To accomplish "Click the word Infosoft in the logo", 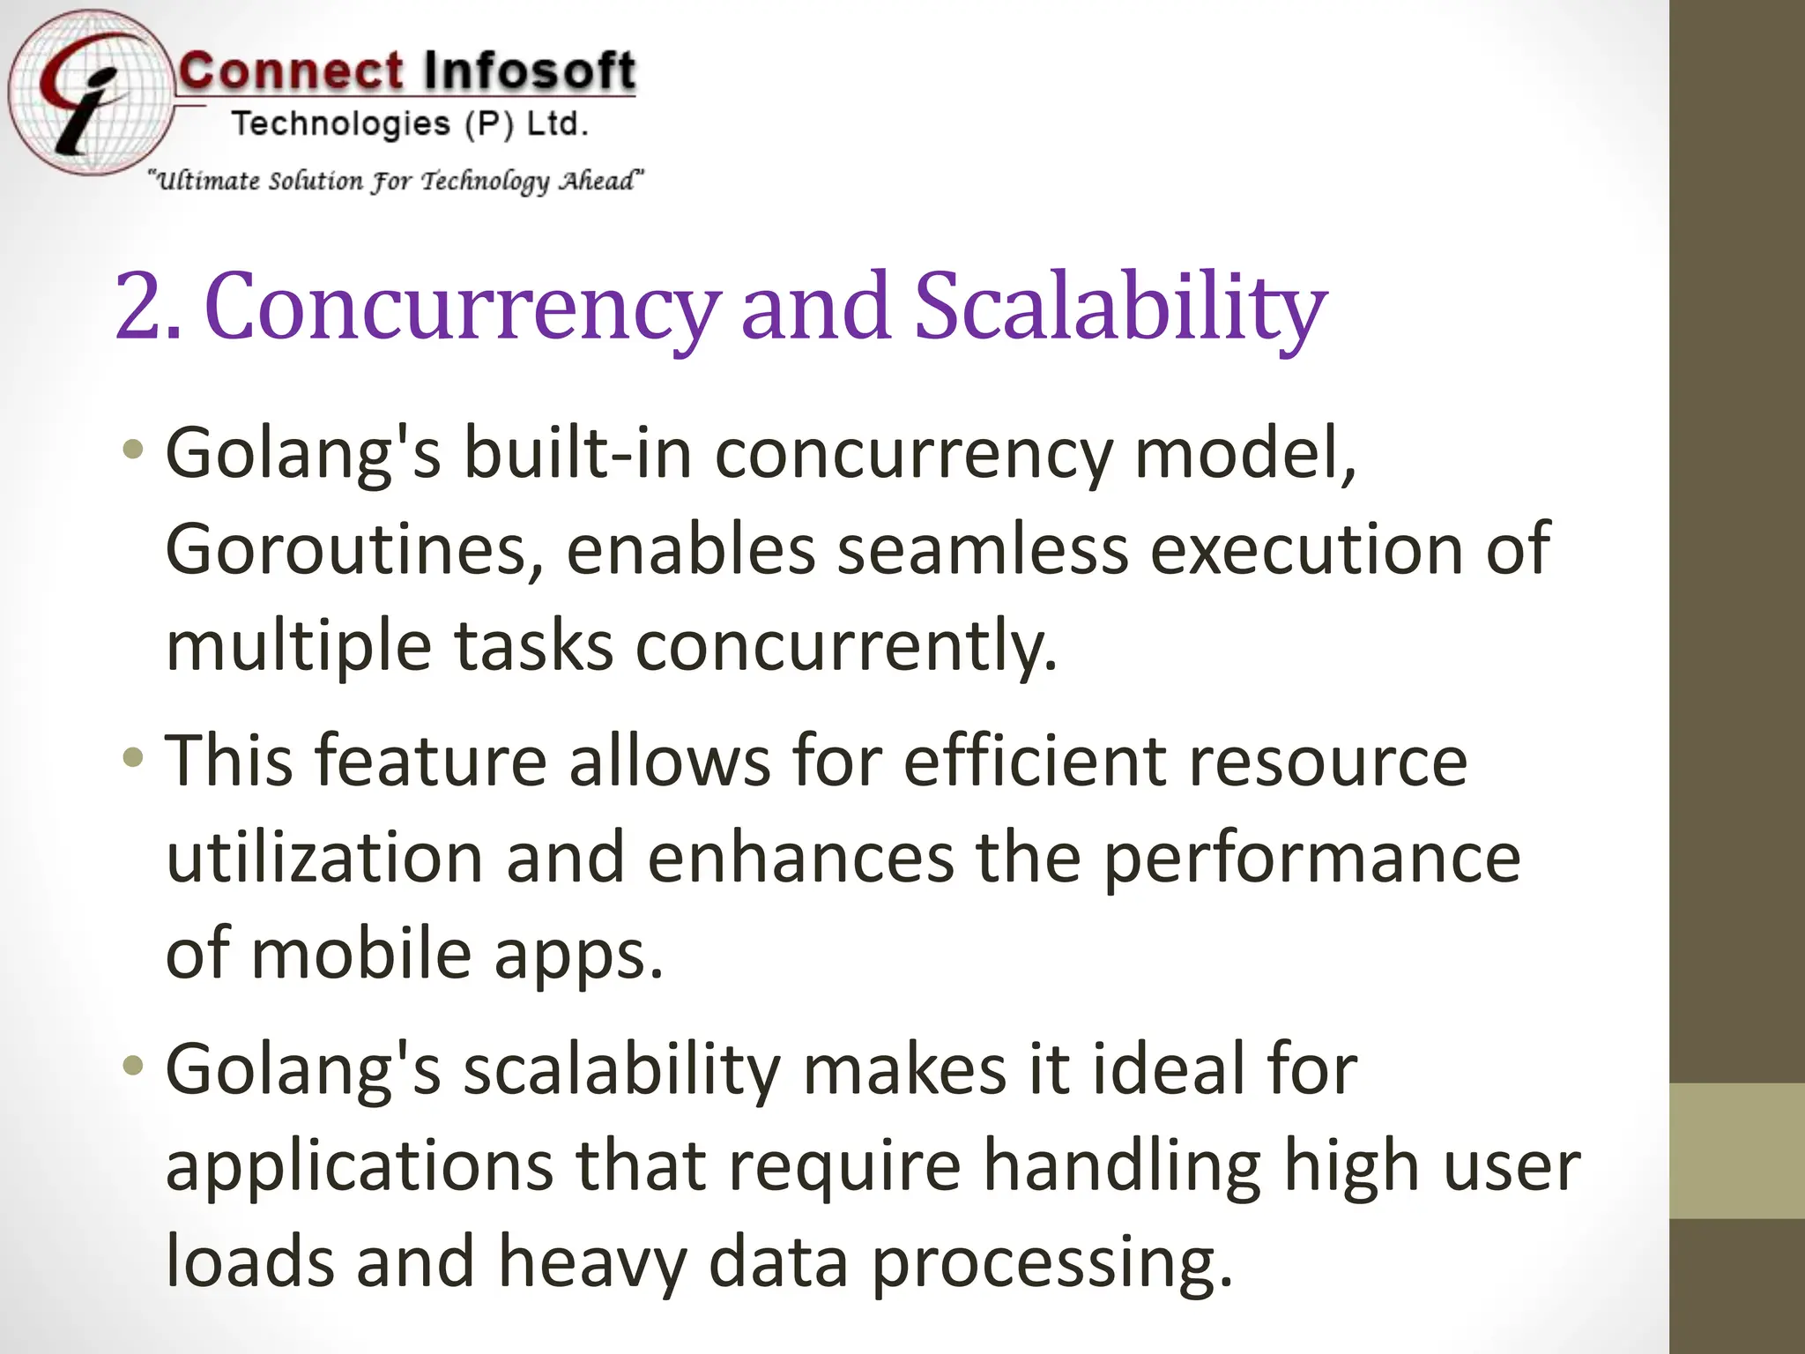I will click(x=527, y=71).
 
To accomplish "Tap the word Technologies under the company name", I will click(x=341, y=124).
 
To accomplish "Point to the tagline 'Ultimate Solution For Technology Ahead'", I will click(x=396, y=181).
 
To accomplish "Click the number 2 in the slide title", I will click(x=138, y=305).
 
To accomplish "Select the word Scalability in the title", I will click(x=1119, y=305).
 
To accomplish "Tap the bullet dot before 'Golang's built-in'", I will click(x=133, y=450).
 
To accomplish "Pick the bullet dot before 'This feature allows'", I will click(x=133, y=757).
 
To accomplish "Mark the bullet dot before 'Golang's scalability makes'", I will click(x=133, y=1066).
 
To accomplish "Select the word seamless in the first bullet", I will click(x=982, y=549).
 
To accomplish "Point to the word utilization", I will click(x=323, y=857).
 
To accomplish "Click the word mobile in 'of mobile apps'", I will click(x=361, y=954).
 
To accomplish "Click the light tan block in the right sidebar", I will click(x=1736, y=1150).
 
